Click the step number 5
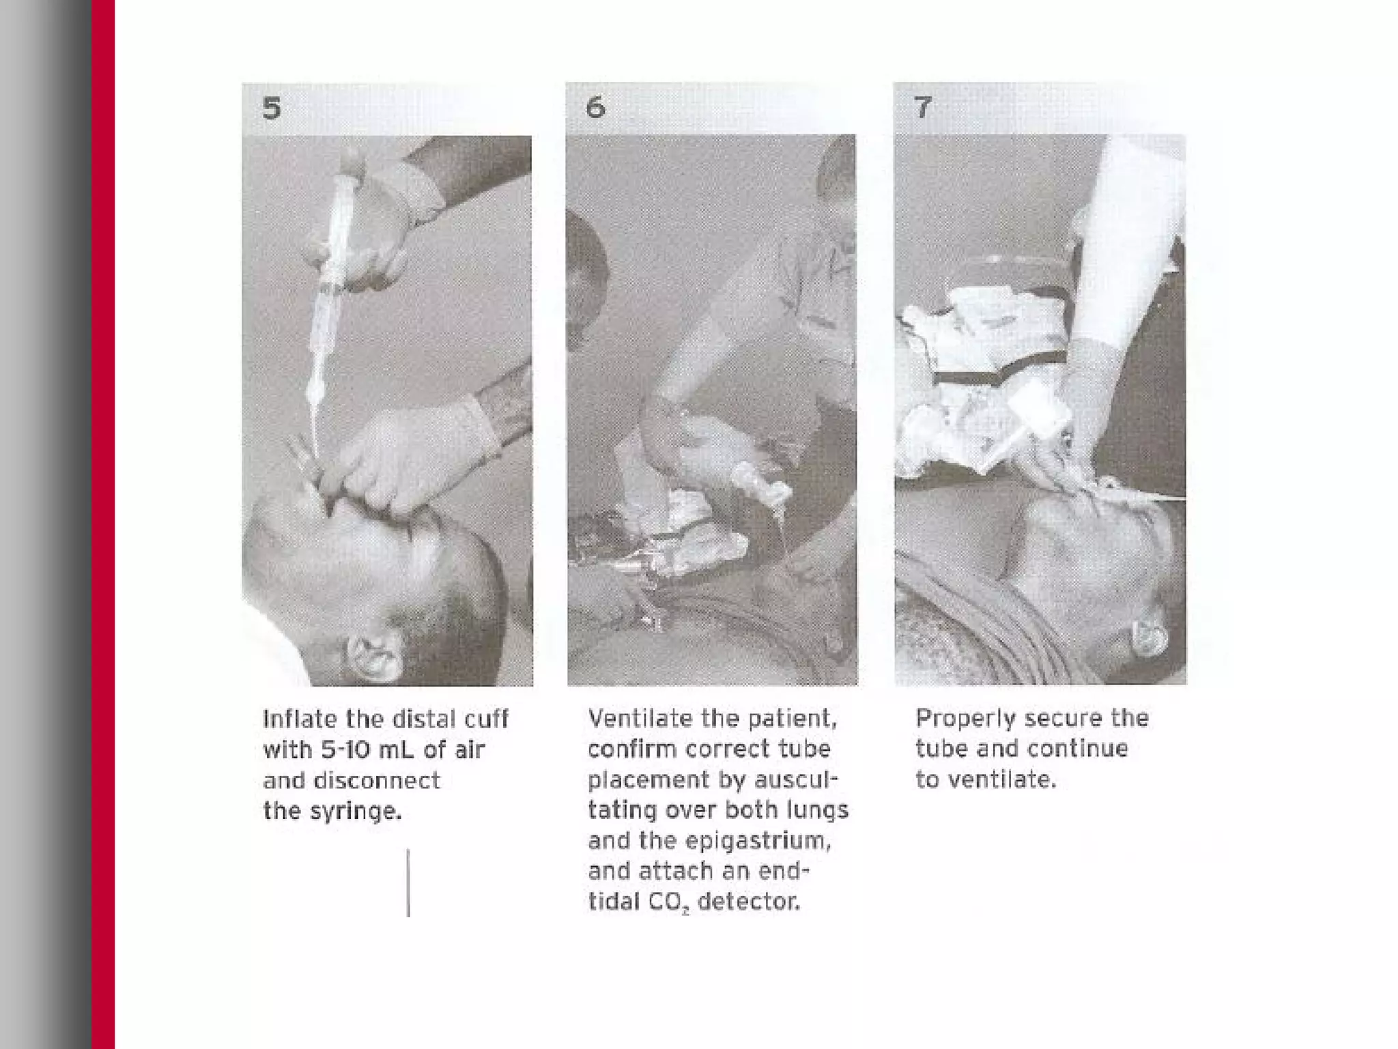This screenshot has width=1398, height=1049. (x=272, y=109)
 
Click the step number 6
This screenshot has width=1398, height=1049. (x=596, y=108)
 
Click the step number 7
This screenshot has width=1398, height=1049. (x=923, y=108)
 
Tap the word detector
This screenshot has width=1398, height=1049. (x=749, y=902)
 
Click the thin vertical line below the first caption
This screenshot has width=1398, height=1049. (x=408, y=882)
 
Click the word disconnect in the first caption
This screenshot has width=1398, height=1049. (x=386, y=781)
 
